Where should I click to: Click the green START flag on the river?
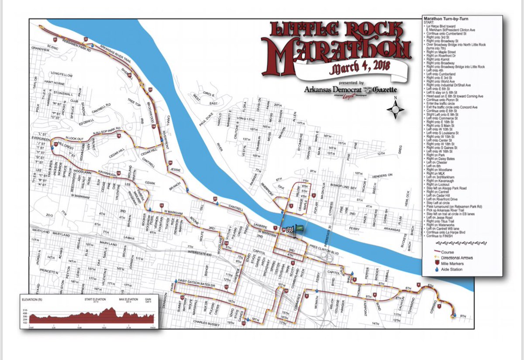[299, 227]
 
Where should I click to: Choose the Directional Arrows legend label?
[457, 258]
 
